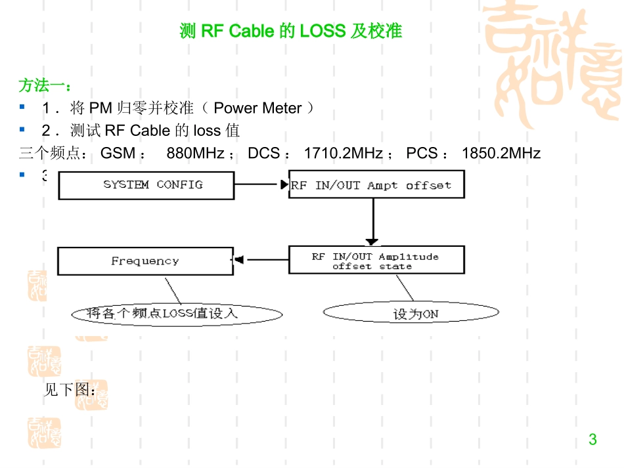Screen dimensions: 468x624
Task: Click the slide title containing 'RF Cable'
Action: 290,31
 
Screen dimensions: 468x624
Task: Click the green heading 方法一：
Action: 45,85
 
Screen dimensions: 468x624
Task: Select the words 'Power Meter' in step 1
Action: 257,108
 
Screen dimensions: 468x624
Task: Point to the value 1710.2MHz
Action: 343,154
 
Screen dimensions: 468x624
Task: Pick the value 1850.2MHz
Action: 501,154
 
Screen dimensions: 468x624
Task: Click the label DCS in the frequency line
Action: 263,154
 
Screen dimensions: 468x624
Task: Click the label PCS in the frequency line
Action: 421,154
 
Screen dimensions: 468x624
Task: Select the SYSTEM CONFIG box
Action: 146,185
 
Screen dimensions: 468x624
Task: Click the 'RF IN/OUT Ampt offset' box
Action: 376,185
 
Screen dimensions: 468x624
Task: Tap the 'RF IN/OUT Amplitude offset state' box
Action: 376,261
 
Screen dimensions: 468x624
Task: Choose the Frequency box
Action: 145,261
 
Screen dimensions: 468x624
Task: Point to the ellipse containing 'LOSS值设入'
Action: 176,314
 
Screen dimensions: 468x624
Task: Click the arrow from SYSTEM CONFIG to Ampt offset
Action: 261,185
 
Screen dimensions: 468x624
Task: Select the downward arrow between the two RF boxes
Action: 372,222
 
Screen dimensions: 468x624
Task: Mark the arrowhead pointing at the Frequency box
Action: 239,261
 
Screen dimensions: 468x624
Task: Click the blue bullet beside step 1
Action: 22,107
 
